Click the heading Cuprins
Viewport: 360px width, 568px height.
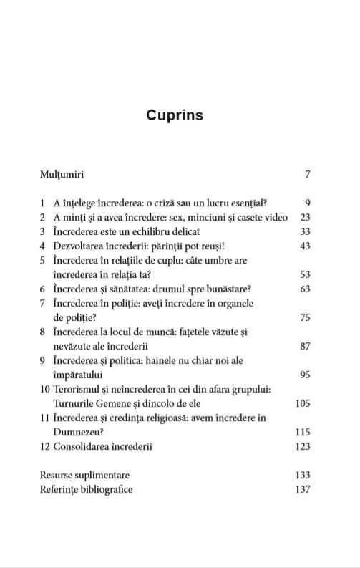coord(175,115)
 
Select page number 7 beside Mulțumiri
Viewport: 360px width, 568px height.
coord(307,174)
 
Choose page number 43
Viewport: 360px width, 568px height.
coord(304,246)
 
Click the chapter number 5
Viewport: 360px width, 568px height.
coord(43,260)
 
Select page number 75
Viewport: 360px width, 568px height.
coord(304,317)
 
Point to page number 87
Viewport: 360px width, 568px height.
coord(304,346)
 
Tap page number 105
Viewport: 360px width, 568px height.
coord(302,403)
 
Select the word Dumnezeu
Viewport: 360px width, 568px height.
coord(79,432)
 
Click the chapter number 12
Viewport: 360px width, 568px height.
coord(44,446)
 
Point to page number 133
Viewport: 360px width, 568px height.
coord(302,475)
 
